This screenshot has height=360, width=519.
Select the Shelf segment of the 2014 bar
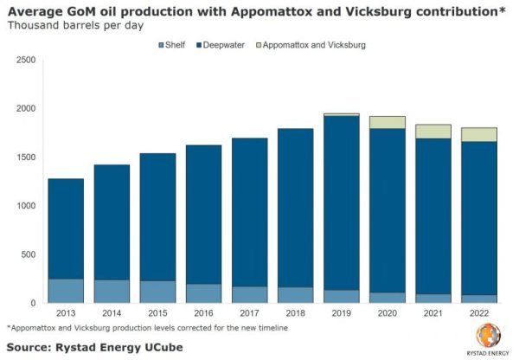coord(112,291)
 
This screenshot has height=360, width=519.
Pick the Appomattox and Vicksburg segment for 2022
coord(479,134)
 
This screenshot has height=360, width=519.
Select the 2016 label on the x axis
coord(203,314)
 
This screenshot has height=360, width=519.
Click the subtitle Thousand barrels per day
coord(70,25)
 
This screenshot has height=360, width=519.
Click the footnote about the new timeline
coord(146,329)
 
